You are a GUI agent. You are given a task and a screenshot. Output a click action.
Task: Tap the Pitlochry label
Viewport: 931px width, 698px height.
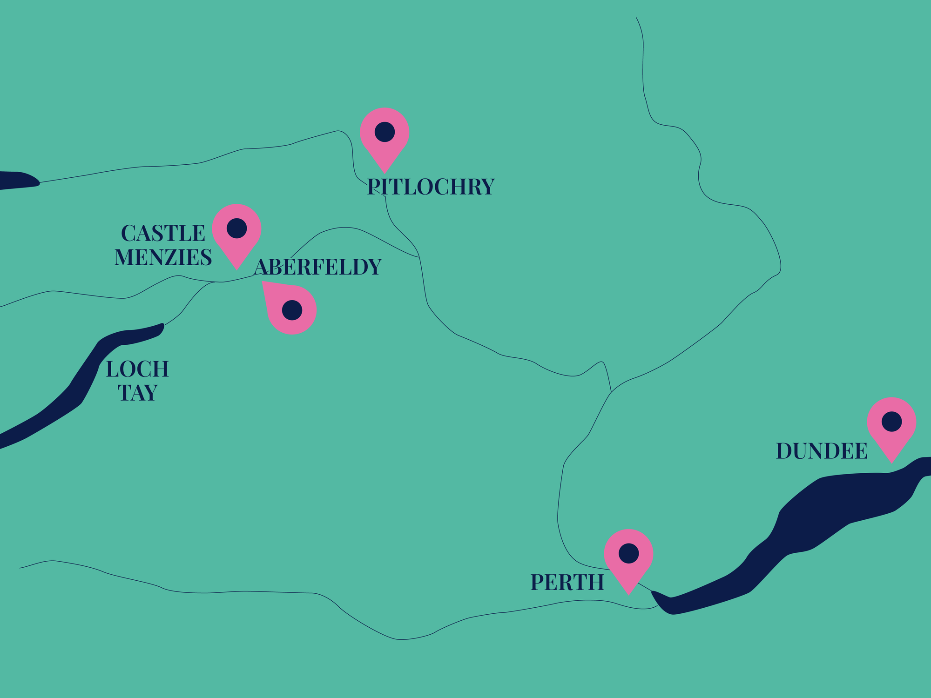coord(431,187)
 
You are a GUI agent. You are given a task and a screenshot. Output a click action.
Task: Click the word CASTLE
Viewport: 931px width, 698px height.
coord(163,233)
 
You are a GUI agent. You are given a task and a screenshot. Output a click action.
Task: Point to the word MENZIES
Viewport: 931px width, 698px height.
coord(163,257)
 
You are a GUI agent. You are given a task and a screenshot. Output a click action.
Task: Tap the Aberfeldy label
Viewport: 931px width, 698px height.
coord(317,267)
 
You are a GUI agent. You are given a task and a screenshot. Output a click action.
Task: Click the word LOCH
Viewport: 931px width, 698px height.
coord(137,369)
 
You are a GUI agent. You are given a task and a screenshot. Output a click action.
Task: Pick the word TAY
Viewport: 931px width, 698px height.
coord(137,393)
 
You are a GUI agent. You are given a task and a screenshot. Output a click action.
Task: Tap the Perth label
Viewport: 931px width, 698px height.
coord(567,582)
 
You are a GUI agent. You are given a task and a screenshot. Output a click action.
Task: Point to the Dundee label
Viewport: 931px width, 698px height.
coord(822,451)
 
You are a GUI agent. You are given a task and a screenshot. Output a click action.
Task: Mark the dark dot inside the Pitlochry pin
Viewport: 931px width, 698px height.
coord(385,132)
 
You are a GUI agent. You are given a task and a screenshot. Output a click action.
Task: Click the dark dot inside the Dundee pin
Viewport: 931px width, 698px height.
coord(891,422)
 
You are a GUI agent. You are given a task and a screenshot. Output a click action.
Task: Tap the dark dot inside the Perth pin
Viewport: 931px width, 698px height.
coord(628,553)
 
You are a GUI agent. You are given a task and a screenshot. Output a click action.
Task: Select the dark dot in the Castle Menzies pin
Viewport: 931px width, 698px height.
coord(236,228)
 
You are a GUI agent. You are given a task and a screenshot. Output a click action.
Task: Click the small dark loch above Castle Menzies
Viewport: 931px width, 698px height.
coord(16,180)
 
